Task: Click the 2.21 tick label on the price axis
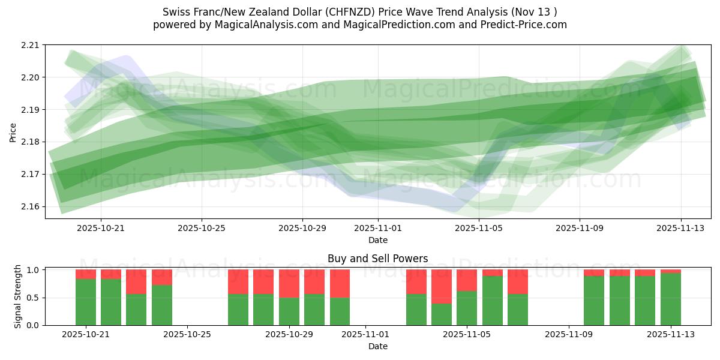(31, 45)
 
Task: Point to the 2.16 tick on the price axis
(31, 206)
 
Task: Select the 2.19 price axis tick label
(31, 110)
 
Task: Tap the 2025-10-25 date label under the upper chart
(202, 228)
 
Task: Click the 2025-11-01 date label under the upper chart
(378, 228)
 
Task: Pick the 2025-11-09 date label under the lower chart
(568, 335)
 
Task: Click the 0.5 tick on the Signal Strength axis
(34, 298)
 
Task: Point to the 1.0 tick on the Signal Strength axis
(34, 270)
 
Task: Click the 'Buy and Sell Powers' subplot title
(378, 259)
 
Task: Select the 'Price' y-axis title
(13, 131)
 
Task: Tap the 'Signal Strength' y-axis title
(18, 296)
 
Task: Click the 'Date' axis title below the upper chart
(378, 240)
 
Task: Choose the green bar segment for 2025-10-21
(86, 302)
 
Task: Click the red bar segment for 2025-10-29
(289, 283)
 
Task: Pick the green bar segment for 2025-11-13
(671, 299)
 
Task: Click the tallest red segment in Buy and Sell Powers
(442, 286)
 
